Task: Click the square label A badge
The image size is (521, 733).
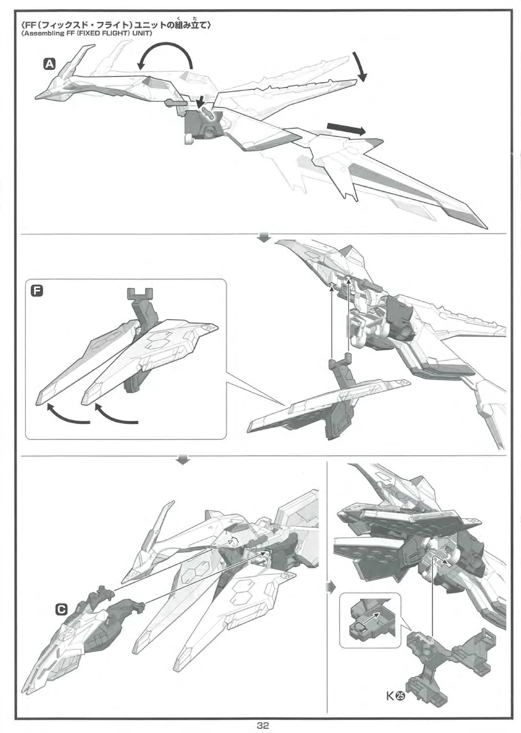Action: coord(49,64)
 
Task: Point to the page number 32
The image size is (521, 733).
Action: coord(262,725)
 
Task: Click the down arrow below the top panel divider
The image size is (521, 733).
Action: coord(264,238)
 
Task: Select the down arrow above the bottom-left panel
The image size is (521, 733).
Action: coord(183,460)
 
